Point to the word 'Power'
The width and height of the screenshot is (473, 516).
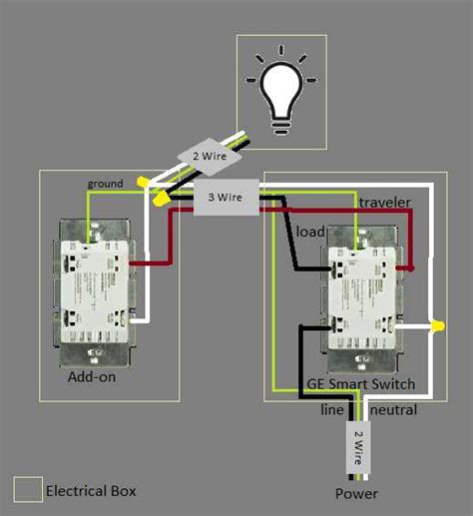[356, 492]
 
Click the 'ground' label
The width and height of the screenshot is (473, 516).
[106, 184]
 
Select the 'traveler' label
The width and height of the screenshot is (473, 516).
[384, 203]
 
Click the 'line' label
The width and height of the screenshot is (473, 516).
[332, 410]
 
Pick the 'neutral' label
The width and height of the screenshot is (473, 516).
[393, 410]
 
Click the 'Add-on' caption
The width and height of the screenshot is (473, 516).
[93, 378]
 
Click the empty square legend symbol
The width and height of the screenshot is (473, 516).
[28, 489]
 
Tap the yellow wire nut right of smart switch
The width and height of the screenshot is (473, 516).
[437, 326]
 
